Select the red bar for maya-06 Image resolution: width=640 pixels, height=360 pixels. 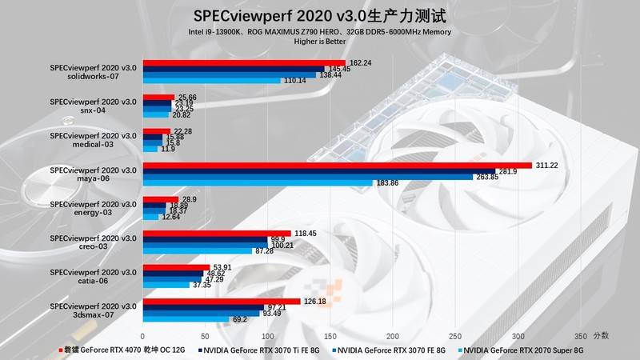click(336, 166)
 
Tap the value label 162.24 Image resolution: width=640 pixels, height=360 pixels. click(362, 62)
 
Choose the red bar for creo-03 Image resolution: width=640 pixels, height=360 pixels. click(216, 234)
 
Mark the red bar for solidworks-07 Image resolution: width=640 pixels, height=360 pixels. click(243, 63)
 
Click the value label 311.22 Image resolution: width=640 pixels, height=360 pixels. click(548, 165)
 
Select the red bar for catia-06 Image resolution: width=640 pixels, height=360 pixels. click(176, 268)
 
